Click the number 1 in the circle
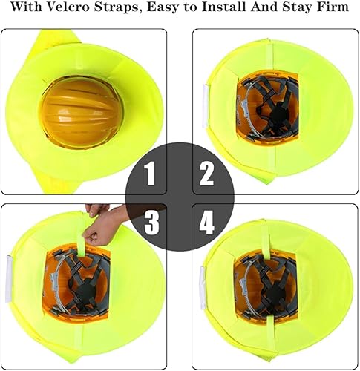click(151, 176)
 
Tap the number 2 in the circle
click(207, 176)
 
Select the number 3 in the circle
click(151, 221)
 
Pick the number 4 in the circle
click(207, 221)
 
